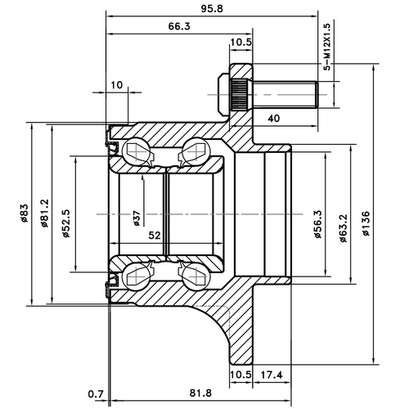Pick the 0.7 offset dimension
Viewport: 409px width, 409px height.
pos(94,394)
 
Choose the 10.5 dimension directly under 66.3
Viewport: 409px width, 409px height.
pos(241,43)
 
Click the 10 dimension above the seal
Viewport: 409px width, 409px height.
pos(117,84)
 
